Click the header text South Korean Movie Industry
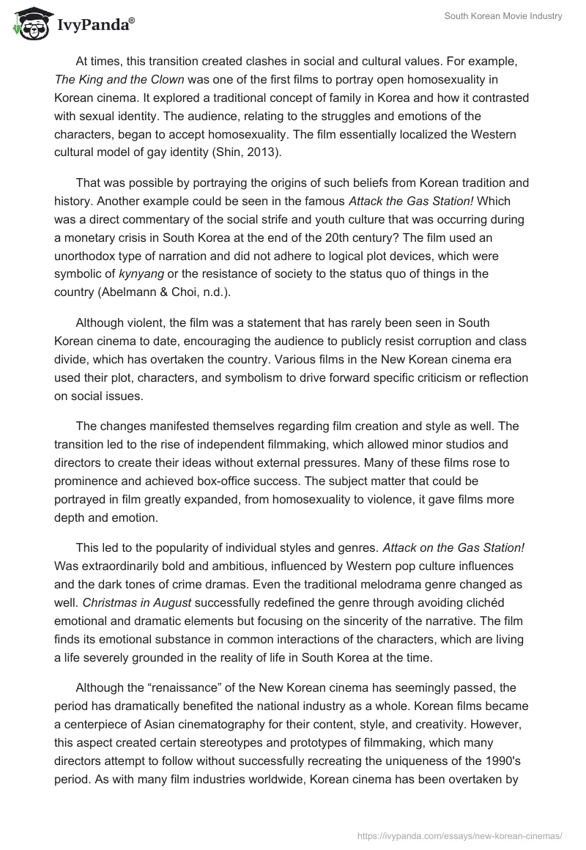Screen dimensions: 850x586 (503, 17)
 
